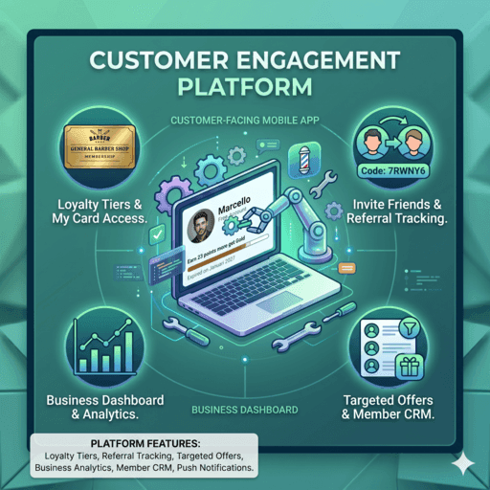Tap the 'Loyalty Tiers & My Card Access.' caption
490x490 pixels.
coord(100,212)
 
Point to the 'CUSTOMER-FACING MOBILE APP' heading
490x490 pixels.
coord(243,122)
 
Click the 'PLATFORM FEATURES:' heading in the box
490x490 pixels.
coord(143,444)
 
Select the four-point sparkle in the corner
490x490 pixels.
coord(465,463)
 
